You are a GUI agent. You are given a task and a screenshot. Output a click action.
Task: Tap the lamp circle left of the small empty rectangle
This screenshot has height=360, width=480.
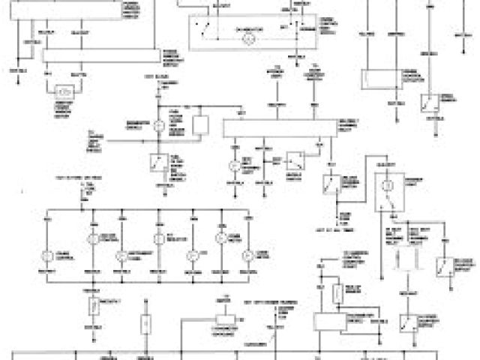click(159, 125)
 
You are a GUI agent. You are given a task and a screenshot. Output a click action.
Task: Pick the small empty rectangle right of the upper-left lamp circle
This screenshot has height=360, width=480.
click(200, 125)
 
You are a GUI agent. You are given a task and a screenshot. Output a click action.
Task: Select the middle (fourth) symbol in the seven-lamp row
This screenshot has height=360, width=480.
click(158, 240)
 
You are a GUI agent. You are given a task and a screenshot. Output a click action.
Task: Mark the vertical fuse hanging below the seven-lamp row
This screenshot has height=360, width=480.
click(94, 305)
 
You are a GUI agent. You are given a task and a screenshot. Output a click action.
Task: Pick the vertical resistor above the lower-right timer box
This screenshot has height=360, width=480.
click(337, 290)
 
